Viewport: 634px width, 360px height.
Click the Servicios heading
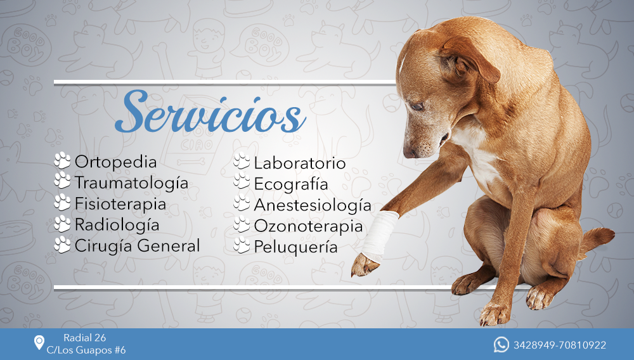click(210, 112)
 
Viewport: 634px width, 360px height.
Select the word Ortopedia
click(115, 162)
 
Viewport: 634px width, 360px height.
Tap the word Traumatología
click(131, 183)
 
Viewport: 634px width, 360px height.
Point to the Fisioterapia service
click(120, 204)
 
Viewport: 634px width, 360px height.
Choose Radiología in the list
click(117, 225)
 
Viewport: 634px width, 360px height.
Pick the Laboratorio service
click(300, 164)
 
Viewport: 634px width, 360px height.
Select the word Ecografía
click(291, 184)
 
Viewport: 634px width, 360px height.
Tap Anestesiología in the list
click(313, 205)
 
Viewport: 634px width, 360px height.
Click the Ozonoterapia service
click(308, 226)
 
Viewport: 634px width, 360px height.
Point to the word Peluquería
click(295, 247)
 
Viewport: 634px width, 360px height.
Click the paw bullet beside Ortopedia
click(62, 160)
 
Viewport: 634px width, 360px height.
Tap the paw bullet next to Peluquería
click(242, 245)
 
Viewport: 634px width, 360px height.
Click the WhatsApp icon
click(501, 345)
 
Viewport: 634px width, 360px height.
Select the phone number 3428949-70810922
click(560, 345)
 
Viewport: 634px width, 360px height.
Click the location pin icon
click(39, 343)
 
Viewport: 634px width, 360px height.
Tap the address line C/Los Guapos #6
click(86, 350)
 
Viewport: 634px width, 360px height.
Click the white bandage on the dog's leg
click(379, 235)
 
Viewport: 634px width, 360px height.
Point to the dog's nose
click(410, 153)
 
